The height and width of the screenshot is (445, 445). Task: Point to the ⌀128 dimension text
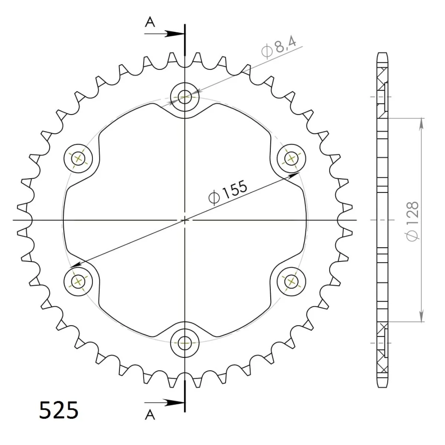412,221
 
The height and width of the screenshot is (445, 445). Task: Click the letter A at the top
150,23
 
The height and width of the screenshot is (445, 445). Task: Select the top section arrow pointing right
164,34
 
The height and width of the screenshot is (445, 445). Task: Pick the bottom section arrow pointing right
164,403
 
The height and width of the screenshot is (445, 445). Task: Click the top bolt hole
185,97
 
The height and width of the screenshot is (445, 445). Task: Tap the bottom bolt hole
185,343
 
